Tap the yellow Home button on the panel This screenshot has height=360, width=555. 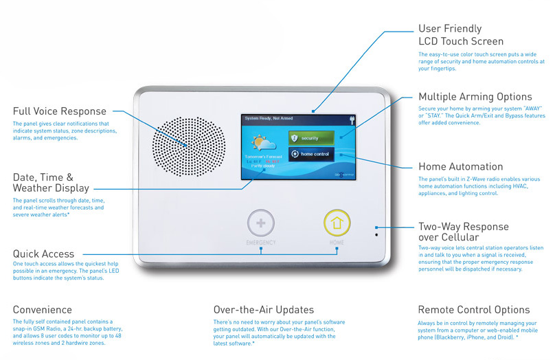[x=337, y=222]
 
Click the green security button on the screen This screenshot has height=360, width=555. [x=310, y=137]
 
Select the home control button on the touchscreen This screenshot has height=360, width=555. [x=310, y=155]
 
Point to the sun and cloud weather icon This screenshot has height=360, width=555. [x=263, y=144]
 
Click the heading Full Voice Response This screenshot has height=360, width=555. [x=59, y=111]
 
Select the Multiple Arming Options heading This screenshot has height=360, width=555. [x=475, y=97]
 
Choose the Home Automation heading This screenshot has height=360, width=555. [x=460, y=167]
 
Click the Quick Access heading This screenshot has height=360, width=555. [x=43, y=254]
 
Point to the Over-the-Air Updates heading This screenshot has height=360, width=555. [x=264, y=310]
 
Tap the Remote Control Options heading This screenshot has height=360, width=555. [x=474, y=310]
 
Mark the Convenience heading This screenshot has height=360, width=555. [x=42, y=310]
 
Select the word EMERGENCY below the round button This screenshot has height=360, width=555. [x=260, y=243]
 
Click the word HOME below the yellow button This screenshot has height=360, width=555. [x=337, y=243]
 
